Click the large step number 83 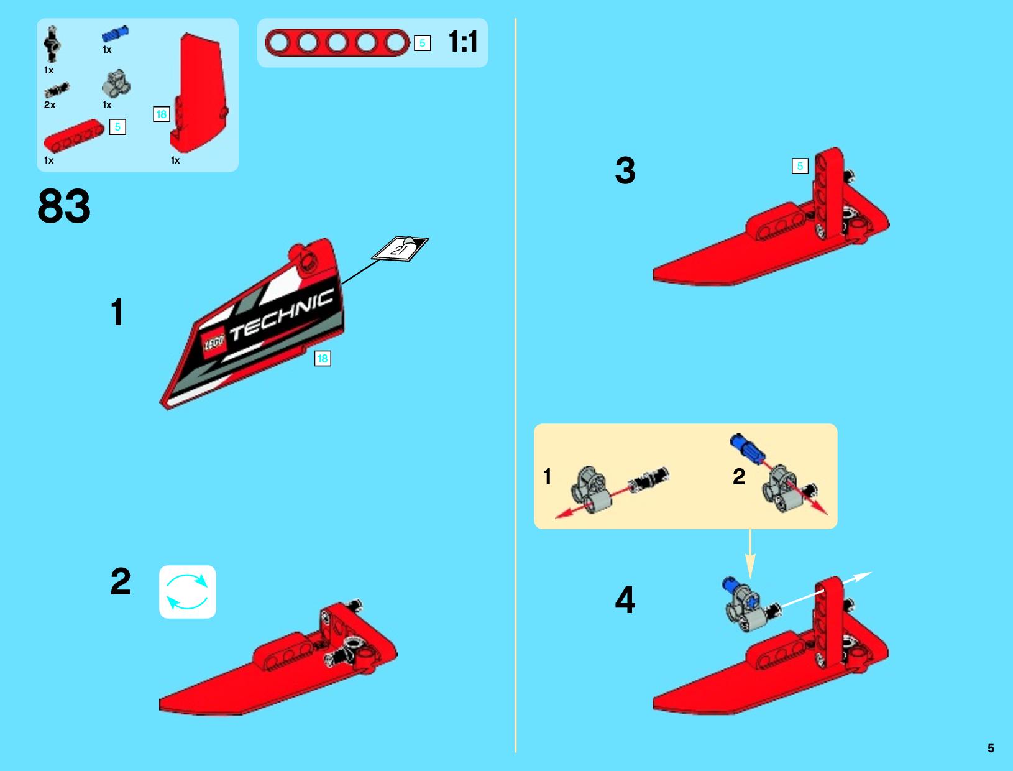click(x=64, y=206)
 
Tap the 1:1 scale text click(x=463, y=42)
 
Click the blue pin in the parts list click(x=115, y=34)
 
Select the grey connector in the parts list click(x=116, y=83)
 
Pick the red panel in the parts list click(x=198, y=93)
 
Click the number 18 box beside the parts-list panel click(x=162, y=114)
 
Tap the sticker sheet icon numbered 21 click(x=400, y=249)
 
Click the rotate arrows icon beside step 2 click(x=187, y=592)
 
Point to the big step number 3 click(x=625, y=171)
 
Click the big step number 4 click(x=625, y=600)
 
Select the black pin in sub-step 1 click(x=648, y=480)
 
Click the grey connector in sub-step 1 click(x=591, y=491)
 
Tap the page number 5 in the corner click(x=991, y=748)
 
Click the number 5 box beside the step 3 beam click(x=800, y=166)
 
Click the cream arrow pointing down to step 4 click(x=750, y=554)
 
